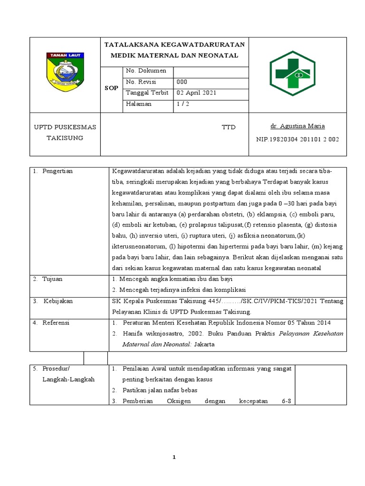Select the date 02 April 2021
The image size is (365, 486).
click(196, 93)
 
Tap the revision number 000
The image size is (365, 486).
click(182, 82)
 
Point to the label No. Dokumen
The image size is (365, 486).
click(146, 71)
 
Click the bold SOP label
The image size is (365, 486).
click(111, 88)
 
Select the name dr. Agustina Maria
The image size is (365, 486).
click(297, 126)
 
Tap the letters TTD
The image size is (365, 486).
click(229, 128)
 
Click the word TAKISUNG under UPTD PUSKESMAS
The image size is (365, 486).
click(65, 138)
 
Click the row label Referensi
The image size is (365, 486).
click(56, 323)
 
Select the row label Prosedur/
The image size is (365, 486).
click(56, 369)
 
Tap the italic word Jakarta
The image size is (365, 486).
click(204, 345)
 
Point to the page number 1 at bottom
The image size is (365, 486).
click(174, 457)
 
